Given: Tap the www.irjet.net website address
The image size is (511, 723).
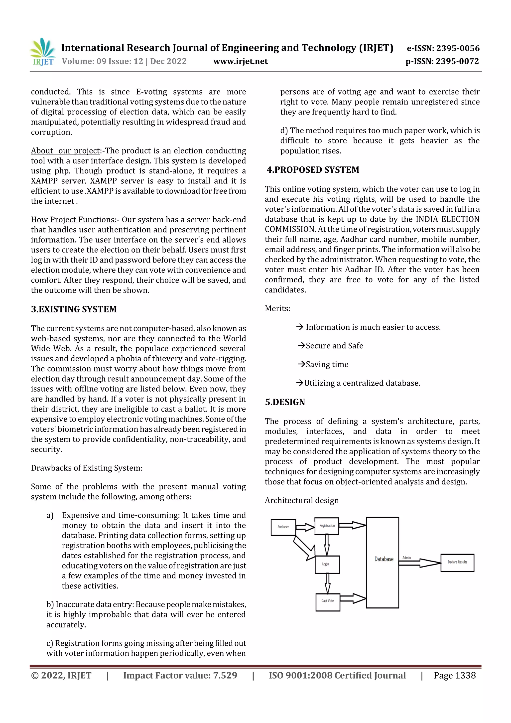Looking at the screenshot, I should coord(240,61).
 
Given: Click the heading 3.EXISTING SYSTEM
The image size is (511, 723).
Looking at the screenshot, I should coord(74,309).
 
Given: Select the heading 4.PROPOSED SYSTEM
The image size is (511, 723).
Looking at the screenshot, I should coord(313,170).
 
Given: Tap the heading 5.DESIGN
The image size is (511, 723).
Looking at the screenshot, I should coord(285,402).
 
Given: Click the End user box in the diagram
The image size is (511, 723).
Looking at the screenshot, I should coord(283,527).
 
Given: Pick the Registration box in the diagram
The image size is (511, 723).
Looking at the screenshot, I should coord(327,526).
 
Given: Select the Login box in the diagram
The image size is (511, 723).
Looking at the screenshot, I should coord(327,564).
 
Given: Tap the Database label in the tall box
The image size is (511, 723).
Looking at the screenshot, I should coord(383,559).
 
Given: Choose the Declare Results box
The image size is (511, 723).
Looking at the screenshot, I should coord(457,563).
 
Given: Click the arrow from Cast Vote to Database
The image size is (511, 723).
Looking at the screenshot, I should coord(353,598).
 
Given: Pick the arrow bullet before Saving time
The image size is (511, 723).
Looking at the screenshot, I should coord(301,364).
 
